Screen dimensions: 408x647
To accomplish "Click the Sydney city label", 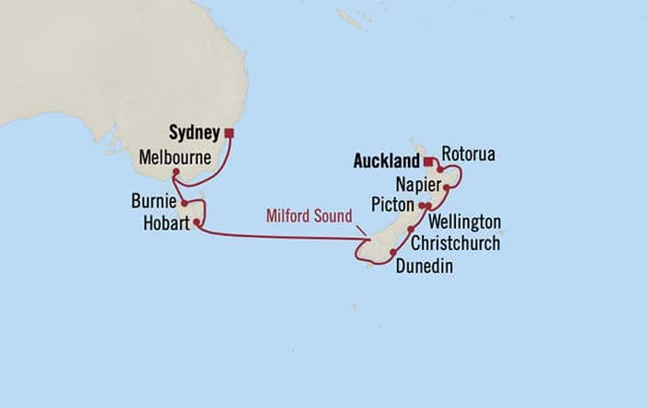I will click(195, 133).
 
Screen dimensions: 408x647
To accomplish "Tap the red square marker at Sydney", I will click(229, 133).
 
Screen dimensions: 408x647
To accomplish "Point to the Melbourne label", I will click(176, 157).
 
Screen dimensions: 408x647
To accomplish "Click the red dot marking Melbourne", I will click(175, 171).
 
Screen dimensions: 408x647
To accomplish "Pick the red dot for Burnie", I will click(185, 202).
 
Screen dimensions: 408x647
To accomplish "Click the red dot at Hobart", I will click(197, 221).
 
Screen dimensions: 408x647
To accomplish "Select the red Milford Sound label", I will click(309, 216).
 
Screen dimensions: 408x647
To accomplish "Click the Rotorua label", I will click(468, 153).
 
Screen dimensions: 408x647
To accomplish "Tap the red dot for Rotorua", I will click(440, 169).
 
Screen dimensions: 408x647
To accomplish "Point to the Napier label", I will click(418, 184).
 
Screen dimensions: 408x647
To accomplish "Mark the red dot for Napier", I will click(446, 187).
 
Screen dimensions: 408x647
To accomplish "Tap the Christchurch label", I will click(455, 244).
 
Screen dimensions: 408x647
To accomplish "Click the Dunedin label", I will click(425, 266).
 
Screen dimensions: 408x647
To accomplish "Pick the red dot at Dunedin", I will click(392, 253).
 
